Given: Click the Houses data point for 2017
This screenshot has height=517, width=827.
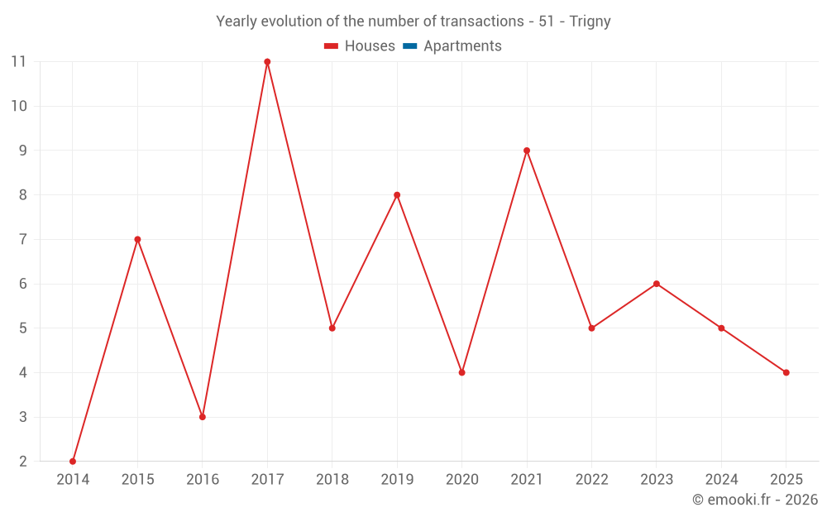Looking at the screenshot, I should point(267,62).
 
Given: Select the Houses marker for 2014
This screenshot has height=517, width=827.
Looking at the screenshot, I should point(73,461).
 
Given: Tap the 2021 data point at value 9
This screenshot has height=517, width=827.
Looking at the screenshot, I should point(527,151).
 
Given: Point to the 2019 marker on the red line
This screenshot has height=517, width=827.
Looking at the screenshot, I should point(397,195).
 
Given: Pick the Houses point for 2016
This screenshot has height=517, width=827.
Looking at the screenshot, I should point(203,417).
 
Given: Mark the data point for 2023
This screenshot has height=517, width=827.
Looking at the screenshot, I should point(657,284).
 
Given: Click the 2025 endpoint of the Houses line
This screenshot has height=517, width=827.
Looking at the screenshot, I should point(786,372).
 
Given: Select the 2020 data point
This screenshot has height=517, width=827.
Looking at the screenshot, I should point(461,372).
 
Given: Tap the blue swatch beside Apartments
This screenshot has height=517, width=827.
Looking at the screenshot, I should point(409,46).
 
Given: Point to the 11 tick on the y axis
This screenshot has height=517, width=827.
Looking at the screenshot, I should point(18,62).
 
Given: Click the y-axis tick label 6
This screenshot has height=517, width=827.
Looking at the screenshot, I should point(23,284).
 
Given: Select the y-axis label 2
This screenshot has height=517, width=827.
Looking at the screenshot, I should point(23,461).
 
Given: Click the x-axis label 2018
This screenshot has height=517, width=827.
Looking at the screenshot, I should point(332,480).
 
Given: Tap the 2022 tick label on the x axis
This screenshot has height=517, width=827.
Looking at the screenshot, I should point(591,480).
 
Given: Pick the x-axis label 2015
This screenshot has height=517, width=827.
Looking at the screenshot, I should point(137,480).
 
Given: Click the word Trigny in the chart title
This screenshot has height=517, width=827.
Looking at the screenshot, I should point(590,22).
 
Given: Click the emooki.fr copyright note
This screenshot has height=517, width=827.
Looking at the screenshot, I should point(755,500).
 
